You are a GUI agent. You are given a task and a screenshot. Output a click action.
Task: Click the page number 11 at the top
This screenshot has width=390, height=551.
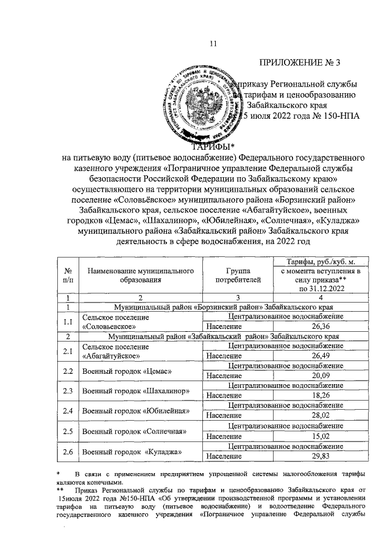coord(213,43)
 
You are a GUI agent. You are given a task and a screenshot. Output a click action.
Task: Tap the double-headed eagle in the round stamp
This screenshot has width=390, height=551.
coord(199,107)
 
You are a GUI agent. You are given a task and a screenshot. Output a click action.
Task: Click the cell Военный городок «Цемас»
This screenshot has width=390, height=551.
coord(127,371)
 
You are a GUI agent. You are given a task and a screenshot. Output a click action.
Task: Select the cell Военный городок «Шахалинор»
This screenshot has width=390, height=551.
coord(133,391)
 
